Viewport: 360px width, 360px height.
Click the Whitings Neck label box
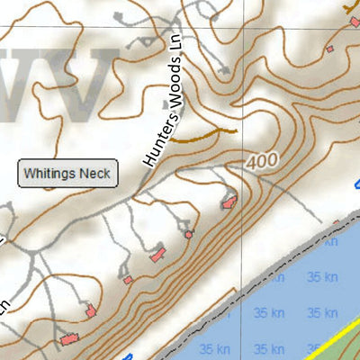pos(68,173)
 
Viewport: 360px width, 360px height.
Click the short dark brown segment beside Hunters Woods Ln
pos(203,135)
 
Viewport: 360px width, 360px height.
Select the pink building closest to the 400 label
pos(229,202)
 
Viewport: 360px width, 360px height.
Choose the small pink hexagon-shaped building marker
pos(189,234)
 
